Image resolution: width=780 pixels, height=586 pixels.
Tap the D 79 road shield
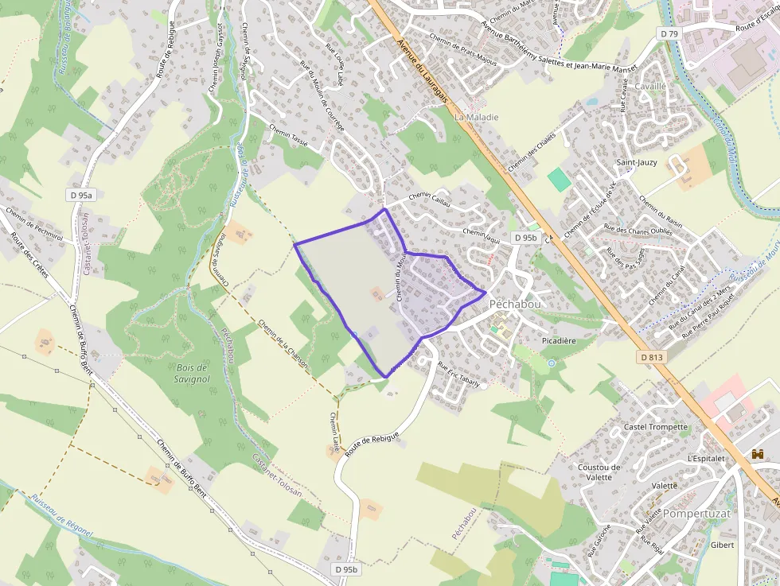pos(669,33)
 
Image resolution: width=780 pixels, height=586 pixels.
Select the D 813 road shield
pos(650,358)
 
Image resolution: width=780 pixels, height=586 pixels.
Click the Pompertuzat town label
pos(696,514)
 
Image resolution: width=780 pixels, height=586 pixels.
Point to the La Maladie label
pos(477,117)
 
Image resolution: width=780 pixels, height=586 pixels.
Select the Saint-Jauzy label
pos(637,162)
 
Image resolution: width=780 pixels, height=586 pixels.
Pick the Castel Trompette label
pos(656,427)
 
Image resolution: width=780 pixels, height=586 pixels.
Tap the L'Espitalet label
pos(706,459)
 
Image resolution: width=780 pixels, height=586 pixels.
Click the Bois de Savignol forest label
pos(190,373)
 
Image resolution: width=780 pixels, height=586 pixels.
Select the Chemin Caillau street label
pos(430,200)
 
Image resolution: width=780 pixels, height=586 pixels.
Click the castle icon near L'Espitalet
pos(757,453)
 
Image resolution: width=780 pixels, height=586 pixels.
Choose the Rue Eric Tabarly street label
pos(459,375)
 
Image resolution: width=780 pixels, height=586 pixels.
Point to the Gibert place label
pos(722,545)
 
